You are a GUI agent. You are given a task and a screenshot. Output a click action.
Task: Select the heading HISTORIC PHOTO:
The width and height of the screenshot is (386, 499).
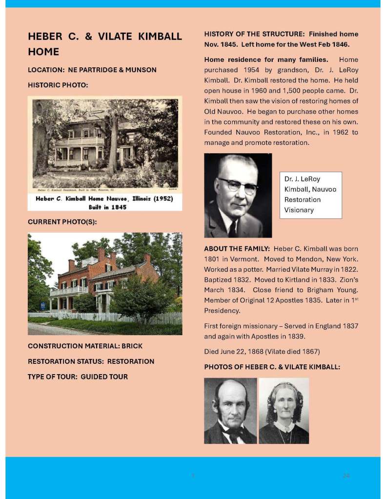(58, 85)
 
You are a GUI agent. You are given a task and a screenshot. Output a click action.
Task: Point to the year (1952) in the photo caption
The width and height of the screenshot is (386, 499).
(161, 199)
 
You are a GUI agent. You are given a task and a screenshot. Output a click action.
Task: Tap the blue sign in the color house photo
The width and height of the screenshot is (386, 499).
(43, 306)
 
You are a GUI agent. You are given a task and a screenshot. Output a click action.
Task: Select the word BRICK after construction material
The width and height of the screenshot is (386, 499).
(132, 346)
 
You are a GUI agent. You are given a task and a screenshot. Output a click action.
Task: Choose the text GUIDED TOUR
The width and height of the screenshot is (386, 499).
(104, 377)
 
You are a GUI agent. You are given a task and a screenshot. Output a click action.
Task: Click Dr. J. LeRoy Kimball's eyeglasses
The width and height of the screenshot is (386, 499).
(237, 185)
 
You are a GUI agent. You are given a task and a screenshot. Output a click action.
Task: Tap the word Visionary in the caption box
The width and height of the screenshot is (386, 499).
(299, 210)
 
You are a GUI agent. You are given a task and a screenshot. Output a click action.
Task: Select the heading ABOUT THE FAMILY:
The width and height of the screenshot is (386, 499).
(237, 249)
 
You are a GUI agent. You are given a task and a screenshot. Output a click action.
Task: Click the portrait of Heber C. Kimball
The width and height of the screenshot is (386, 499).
(230, 411)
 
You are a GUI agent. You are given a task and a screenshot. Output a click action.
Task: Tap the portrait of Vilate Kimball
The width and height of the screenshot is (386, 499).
(284, 411)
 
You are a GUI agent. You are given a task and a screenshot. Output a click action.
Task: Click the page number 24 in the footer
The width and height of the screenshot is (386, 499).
(346, 476)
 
